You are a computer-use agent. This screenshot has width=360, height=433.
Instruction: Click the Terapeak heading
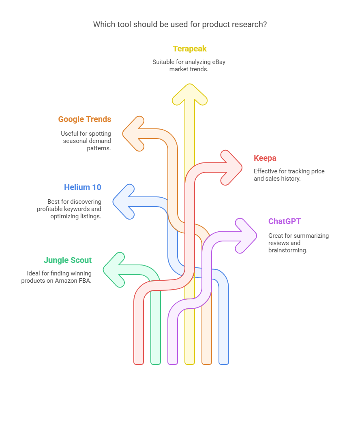pos(189,49)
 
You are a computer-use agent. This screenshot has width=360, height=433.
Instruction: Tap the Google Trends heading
pos(84,119)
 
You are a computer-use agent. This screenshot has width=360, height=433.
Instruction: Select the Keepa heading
pos(265,158)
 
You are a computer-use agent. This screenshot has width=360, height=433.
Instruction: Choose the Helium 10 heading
pos(83,187)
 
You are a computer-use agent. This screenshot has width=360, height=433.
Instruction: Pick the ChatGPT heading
pos(284,221)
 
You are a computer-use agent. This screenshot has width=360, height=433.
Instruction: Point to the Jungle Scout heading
pos(68,260)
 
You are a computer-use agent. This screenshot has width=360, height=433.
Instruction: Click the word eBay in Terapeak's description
pos(218,62)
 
